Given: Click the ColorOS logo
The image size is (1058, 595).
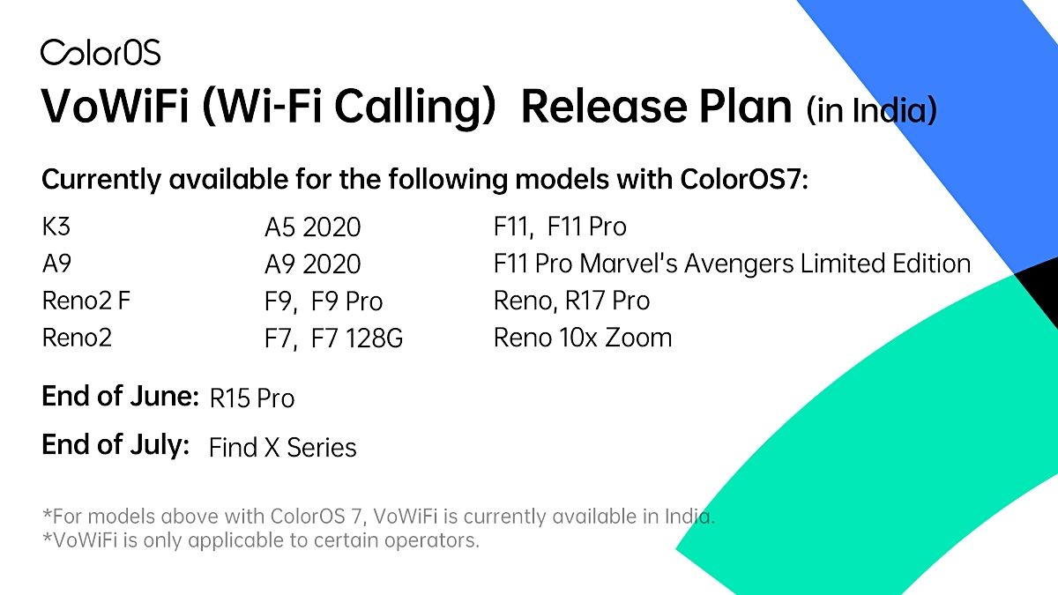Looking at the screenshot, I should [x=101, y=52].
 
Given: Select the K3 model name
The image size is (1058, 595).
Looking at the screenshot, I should [x=56, y=227].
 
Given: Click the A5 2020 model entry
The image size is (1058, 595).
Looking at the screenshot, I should [x=312, y=227].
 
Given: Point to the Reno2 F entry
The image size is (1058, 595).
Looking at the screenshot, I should [x=86, y=301].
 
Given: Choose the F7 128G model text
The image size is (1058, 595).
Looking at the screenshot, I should [x=357, y=338].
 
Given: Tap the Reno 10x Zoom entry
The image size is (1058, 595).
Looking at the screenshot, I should [x=583, y=338].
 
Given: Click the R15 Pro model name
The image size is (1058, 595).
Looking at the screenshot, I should [x=252, y=398].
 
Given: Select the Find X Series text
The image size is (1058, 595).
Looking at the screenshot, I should [x=282, y=448].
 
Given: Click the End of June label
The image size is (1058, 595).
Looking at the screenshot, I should [x=120, y=397].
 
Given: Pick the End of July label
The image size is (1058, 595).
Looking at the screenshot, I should [x=115, y=445].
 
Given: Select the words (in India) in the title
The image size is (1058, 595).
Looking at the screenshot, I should [x=870, y=112].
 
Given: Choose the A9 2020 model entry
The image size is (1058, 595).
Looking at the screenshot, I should [x=312, y=264].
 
